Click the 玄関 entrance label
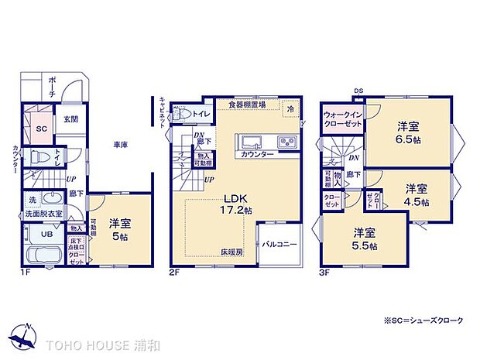tap(70, 118)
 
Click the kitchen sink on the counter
tap(253, 142)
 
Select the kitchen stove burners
tap(286, 142)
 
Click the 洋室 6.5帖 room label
tap(410, 131)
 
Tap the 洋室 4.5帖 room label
tap(417, 194)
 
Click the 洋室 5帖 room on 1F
tap(120, 230)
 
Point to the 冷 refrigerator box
tap(289, 109)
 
